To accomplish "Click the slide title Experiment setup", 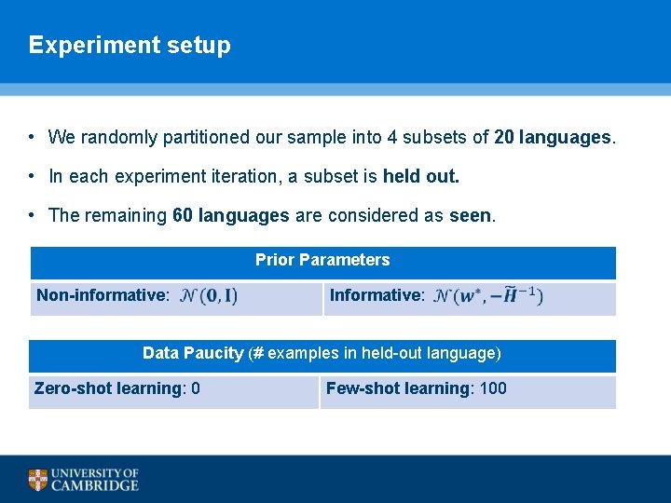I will pyautogui.click(x=130, y=45).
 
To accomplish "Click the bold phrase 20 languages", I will pyautogui.click(x=553, y=138).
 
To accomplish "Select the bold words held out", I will pyautogui.click(x=421, y=176).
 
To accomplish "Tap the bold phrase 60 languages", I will pyautogui.click(x=231, y=215).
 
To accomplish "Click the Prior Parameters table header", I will pyautogui.click(x=322, y=260).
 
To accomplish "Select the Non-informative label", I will pyautogui.click(x=102, y=295).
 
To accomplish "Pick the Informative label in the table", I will pyautogui.click(x=377, y=295).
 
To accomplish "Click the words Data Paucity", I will pyautogui.click(x=193, y=353).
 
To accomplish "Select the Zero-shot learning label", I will pyautogui.click(x=108, y=388).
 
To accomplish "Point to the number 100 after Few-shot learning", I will pyautogui.click(x=492, y=388).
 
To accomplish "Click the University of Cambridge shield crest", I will pyautogui.click(x=37, y=480).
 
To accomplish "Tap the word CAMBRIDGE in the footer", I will pyautogui.click(x=95, y=485).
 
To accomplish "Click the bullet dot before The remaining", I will pyautogui.click(x=32, y=215).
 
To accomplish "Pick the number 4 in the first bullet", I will pyautogui.click(x=392, y=138).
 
